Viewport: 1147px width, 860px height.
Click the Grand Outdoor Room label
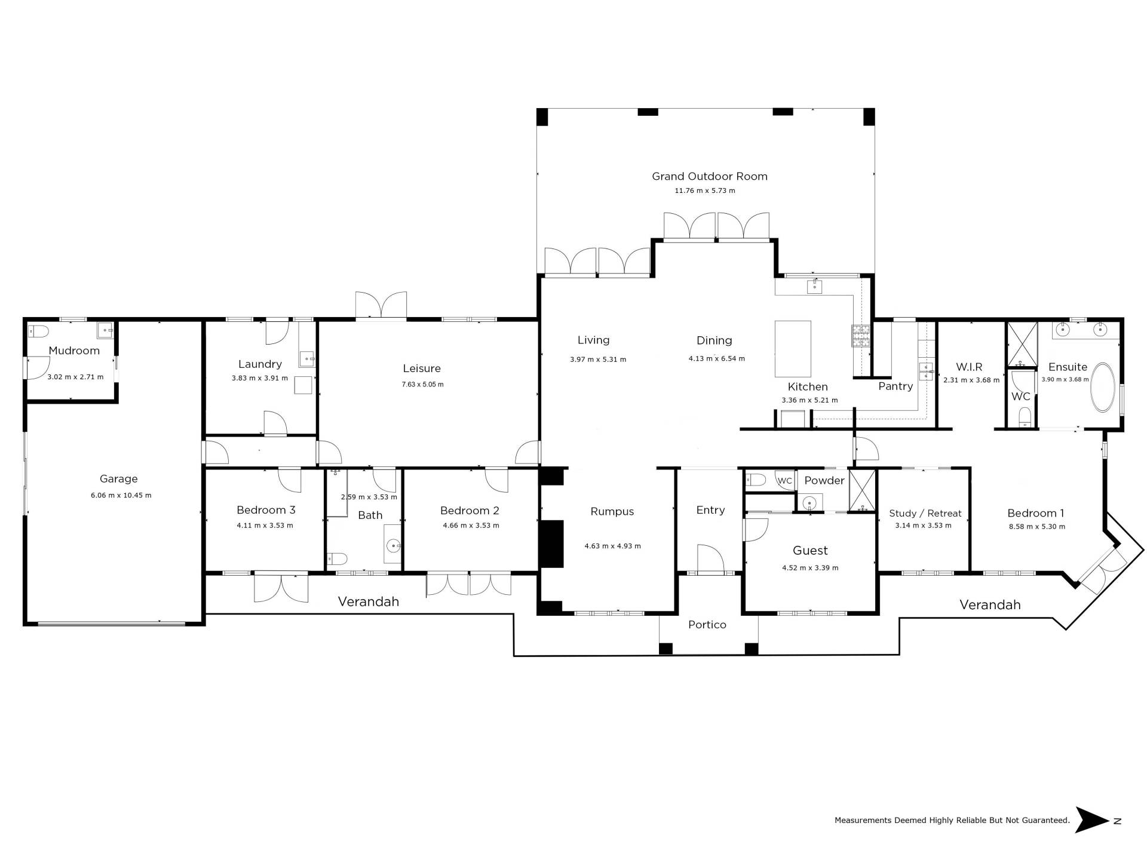tap(709, 176)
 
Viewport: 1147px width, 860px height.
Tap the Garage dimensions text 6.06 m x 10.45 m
tap(121, 495)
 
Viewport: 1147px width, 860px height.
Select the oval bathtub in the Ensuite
tap(1103, 388)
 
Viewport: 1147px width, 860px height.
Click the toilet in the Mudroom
tap(38, 330)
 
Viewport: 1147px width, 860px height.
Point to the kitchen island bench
tap(793, 349)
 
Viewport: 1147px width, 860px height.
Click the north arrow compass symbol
tap(1093, 820)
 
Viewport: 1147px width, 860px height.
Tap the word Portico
tap(707, 625)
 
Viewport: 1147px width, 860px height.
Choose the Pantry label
tap(895, 386)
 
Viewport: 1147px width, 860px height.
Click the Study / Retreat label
tap(925, 514)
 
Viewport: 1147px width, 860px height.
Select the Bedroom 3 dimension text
tap(265, 526)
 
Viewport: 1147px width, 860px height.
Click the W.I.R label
tap(969, 367)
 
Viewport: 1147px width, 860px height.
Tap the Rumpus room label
tap(612, 512)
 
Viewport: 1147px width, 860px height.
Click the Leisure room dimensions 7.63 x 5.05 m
tap(422, 385)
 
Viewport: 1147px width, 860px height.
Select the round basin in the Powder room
tap(809, 502)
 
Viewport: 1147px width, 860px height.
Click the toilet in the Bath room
tap(338, 559)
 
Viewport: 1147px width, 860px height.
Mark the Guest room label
tap(810, 551)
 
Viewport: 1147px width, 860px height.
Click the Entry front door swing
tap(711, 558)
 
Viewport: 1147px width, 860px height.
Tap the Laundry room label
tap(260, 364)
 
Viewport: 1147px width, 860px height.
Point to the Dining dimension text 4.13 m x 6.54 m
tap(717, 359)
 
